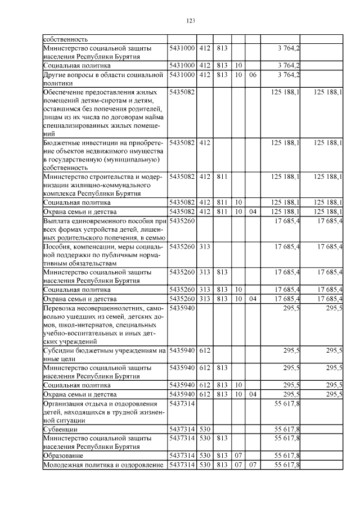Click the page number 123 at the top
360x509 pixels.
click(190, 21)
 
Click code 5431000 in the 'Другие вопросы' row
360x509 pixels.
click(182, 74)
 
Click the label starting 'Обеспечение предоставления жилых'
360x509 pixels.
click(104, 112)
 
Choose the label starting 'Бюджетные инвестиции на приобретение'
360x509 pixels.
click(104, 156)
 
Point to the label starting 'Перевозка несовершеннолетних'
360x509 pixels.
click(104, 325)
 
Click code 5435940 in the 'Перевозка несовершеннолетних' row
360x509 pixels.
click(182, 308)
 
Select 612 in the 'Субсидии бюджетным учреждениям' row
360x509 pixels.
click(204, 350)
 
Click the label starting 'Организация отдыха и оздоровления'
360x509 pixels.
click(104, 412)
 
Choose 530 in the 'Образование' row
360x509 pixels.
click(204, 455)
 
